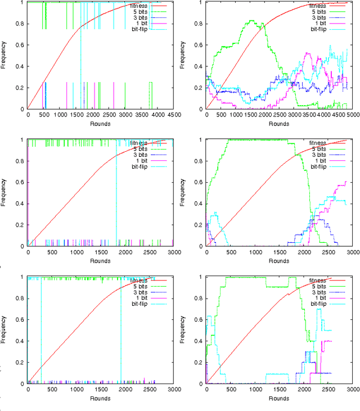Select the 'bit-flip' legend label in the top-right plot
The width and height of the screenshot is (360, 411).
pos(319,29)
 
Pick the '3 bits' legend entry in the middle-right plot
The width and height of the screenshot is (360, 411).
pos(321,155)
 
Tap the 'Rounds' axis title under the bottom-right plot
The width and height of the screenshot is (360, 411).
pos(279,398)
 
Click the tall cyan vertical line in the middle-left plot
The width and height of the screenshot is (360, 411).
pos(116,191)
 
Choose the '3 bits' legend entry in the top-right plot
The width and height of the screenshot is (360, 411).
pos(321,17)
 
